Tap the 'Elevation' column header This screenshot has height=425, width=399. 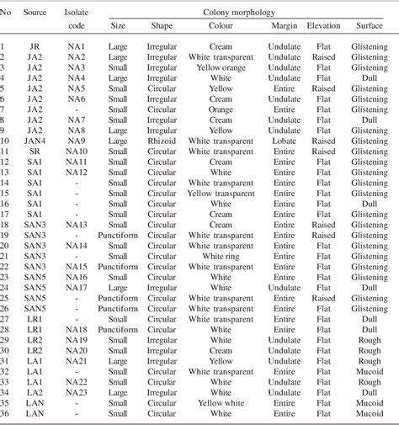323,26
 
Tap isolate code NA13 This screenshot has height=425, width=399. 77,224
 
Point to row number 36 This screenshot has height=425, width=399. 7,413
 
